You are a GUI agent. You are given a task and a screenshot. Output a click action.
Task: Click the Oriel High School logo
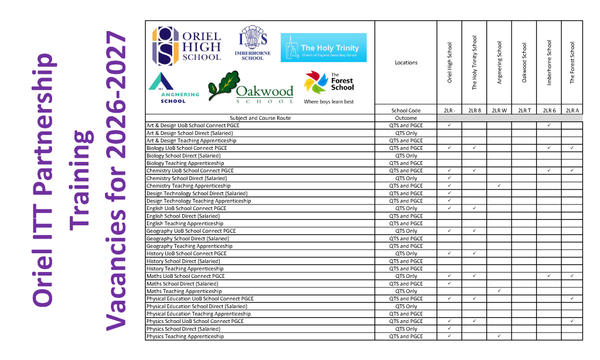tap(187, 46)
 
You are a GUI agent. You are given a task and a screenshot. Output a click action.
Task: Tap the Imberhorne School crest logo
tap(253, 43)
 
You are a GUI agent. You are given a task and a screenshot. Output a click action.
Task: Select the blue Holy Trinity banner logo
tap(323, 47)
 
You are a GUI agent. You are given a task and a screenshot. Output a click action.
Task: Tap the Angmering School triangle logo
tap(173, 88)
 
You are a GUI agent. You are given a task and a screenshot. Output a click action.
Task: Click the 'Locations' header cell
tap(406, 63)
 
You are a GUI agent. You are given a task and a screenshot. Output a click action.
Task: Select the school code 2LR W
tap(499, 110)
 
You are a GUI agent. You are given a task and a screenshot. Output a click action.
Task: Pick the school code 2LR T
tap(524, 110)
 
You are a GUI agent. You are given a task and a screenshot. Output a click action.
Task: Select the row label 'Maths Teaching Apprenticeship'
tap(184, 291)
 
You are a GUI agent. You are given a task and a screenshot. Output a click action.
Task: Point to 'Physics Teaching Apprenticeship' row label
tap(185, 337)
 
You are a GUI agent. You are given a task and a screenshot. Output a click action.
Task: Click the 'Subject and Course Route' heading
tap(260, 118)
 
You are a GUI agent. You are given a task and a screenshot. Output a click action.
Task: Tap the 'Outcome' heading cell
tap(406, 118)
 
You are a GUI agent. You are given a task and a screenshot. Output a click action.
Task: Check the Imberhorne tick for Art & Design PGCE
tap(549, 125)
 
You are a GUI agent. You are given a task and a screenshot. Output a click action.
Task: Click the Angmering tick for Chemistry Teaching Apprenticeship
tap(499, 186)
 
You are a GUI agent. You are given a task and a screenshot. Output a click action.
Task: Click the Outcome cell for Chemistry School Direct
tap(406, 178)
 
